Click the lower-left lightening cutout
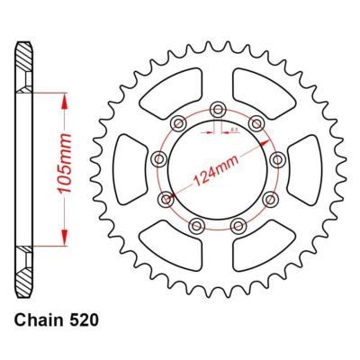pos(180,240)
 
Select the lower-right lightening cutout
pos(255,240)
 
